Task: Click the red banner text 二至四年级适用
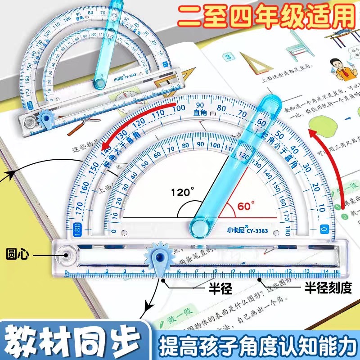pos(265,16)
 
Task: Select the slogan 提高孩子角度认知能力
pos(252,340)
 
